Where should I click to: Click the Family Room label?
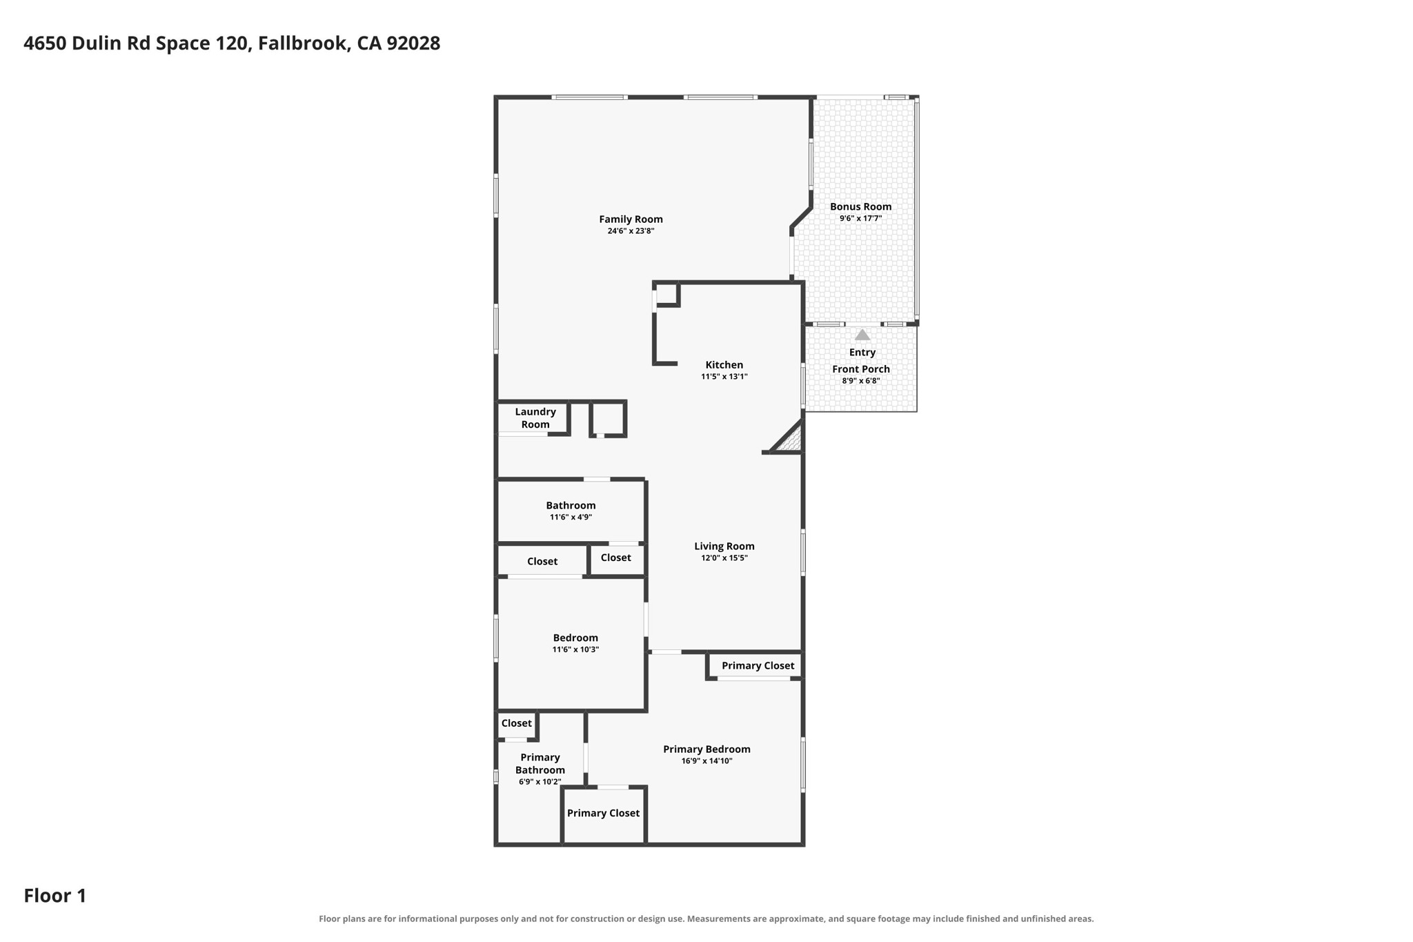click(x=631, y=219)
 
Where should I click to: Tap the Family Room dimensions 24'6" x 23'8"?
click(x=631, y=231)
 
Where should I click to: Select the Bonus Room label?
click(x=860, y=206)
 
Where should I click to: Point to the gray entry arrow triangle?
click(x=862, y=335)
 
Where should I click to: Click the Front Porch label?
click(x=861, y=369)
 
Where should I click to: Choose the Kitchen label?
click(x=724, y=365)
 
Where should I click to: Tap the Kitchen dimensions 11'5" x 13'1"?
click(x=724, y=377)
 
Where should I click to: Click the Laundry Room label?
click(x=535, y=418)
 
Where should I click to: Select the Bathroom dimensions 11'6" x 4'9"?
click(x=571, y=517)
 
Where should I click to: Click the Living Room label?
click(x=724, y=546)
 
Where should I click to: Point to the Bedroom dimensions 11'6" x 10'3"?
click(x=575, y=649)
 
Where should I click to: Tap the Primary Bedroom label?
click(x=706, y=749)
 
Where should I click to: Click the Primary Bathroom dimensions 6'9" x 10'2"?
click(x=540, y=782)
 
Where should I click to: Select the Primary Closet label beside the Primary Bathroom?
click(x=603, y=813)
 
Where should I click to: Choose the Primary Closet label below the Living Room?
click(x=758, y=666)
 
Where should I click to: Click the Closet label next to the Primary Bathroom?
click(x=516, y=723)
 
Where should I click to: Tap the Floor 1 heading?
click(x=55, y=896)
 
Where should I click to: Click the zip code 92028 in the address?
click(x=413, y=43)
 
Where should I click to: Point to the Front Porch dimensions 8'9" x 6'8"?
click(x=861, y=381)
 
